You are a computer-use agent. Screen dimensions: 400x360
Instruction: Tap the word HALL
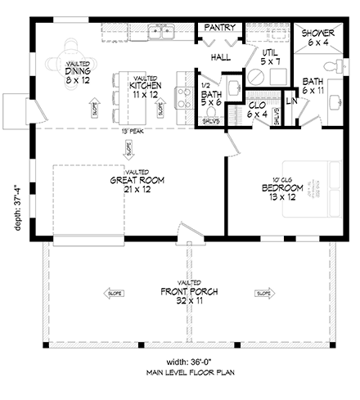click(220, 57)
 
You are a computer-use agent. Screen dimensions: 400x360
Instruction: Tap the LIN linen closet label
click(290, 101)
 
